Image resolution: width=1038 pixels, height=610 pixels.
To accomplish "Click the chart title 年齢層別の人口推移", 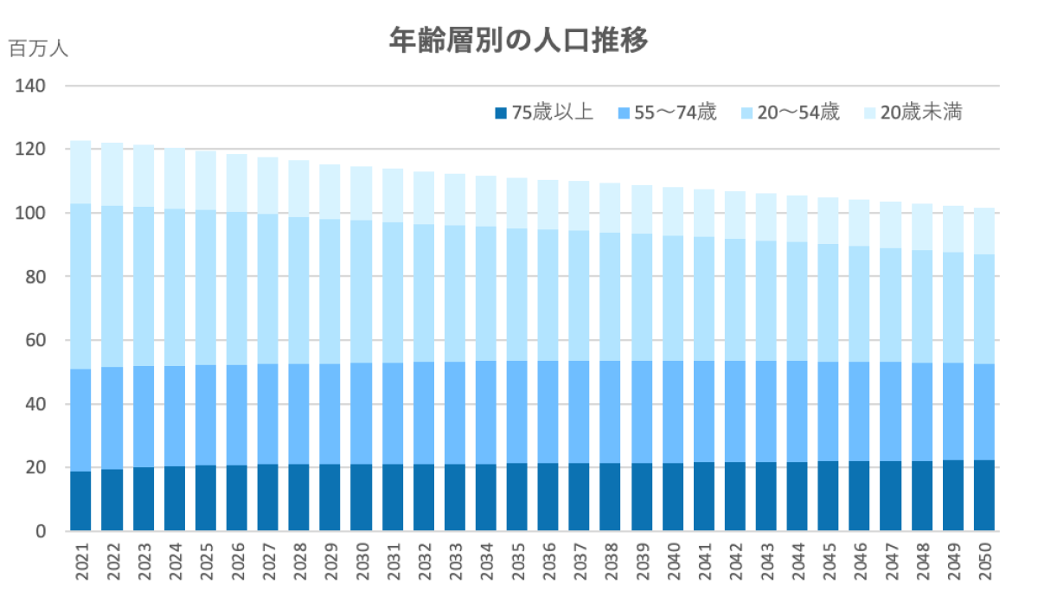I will (518, 41).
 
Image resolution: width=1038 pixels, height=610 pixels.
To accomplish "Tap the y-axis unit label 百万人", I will (38, 48).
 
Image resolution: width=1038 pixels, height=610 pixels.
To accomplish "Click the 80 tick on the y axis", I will (33, 277).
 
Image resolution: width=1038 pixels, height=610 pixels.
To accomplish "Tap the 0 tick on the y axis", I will (39, 531).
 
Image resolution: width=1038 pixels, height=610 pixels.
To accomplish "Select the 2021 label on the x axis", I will (81, 562).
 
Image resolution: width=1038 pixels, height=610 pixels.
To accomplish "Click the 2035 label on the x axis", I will (517, 562).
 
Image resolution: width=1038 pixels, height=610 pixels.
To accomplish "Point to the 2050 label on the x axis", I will (984, 562).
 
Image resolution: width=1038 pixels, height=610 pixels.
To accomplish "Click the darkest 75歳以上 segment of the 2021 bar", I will (81, 501).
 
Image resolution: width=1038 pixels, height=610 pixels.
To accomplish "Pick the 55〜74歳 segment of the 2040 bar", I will (673, 412).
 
